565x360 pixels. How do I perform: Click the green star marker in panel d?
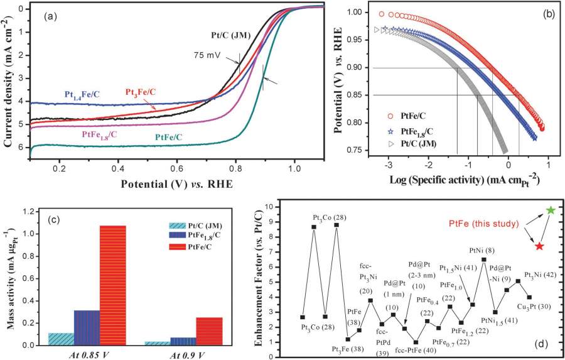(551, 210)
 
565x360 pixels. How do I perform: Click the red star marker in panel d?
(539, 246)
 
